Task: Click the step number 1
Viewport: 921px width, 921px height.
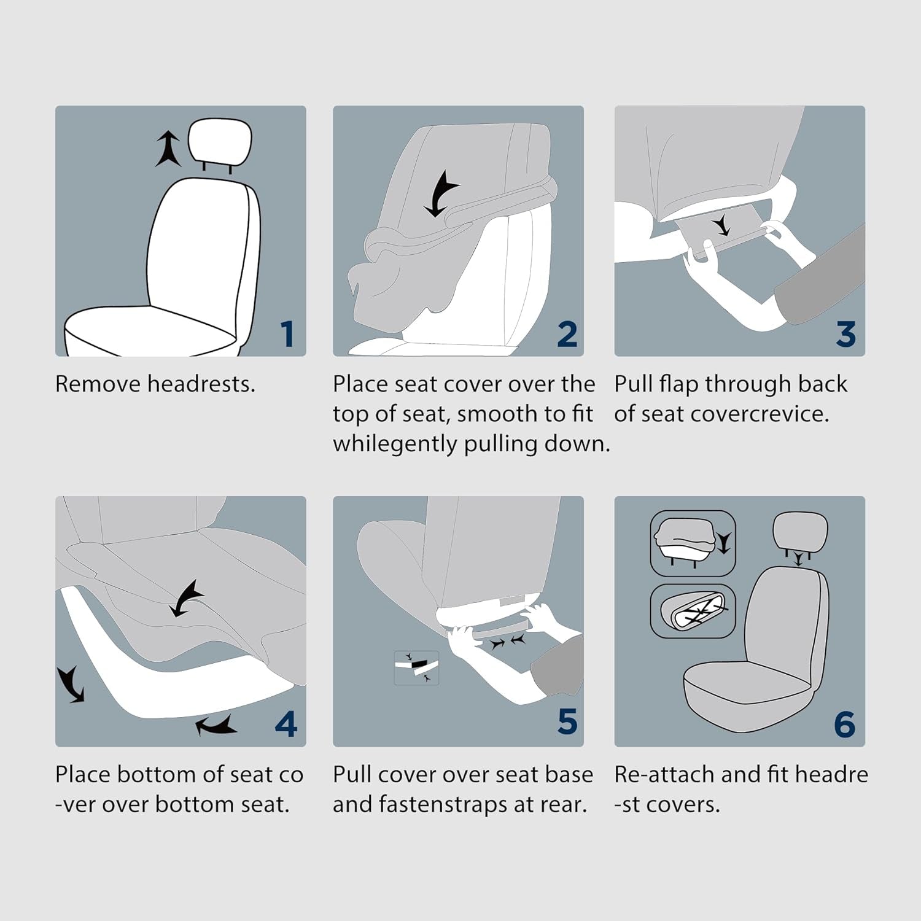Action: point(287,335)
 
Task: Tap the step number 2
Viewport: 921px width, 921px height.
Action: point(567,335)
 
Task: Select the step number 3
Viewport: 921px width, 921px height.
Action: point(845,335)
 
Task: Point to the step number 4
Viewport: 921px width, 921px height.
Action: point(286,725)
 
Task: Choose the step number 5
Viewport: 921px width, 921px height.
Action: point(567,721)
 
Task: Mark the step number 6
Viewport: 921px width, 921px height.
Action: point(845,725)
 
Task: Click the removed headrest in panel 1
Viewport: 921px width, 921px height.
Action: point(220,142)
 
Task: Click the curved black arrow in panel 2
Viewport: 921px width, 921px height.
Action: point(440,192)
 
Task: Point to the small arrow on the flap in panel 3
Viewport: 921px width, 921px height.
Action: point(723,226)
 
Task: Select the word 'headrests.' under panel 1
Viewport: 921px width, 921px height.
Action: point(201,384)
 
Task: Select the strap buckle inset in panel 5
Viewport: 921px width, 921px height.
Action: point(416,667)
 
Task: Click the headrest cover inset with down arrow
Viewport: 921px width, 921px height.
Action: point(692,543)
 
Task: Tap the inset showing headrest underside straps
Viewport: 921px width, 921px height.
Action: point(692,611)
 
